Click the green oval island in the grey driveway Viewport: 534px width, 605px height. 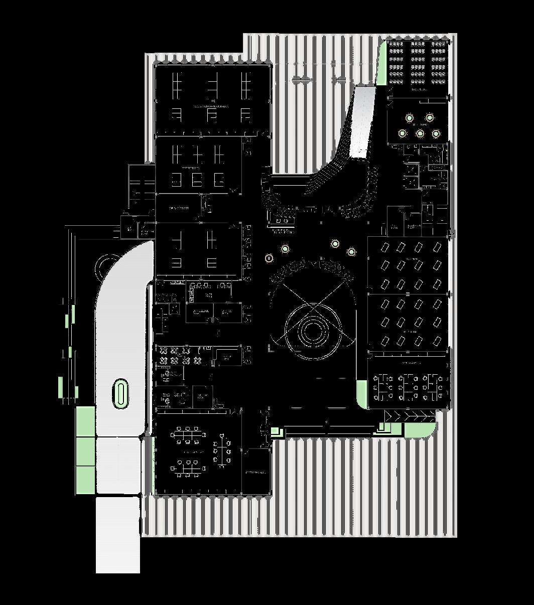click(x=121, y=393)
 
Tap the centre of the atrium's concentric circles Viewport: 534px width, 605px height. click(x=313, y=330)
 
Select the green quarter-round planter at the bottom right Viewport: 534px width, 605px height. click(x=419, y=430)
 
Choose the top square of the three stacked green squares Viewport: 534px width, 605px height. click(x=85, y=421)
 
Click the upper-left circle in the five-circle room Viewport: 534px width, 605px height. click(x=410, y=118)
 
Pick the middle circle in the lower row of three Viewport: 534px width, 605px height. click(x=420, y=133)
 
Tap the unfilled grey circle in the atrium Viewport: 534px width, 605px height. click(x=270, y=258)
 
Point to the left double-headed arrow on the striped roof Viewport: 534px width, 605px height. click(x=302, y=80)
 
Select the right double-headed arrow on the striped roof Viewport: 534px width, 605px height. click(x=341, y=80)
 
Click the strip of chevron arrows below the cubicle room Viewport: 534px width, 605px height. click(x=410, y=416)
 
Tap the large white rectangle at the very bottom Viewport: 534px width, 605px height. click(x=117, y=535)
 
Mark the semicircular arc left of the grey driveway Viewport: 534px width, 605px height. click(x=107, y=263)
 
